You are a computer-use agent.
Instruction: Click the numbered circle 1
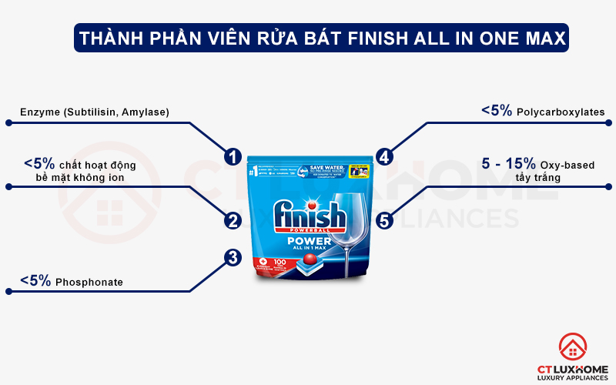point(233,156)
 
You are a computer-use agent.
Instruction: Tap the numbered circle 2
point(233,221)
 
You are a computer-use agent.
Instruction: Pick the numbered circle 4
point(385,156)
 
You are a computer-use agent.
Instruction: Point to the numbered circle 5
point(385,221)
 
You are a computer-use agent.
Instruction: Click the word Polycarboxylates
point(561,112)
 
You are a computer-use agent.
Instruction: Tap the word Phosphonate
point(89,283)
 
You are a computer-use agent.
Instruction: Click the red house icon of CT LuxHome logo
point(571,348)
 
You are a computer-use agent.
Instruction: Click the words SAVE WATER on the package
point(326,166)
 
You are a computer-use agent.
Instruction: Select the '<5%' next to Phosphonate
point(36,282)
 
